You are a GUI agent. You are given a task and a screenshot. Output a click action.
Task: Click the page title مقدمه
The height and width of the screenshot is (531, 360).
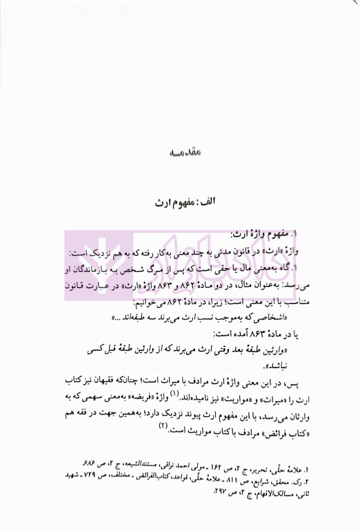click(185, 152)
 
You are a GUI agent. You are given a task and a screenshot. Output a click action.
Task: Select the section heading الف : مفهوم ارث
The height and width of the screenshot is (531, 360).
click(185, 202)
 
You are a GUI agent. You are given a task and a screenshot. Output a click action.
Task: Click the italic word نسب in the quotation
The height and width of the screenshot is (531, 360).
click(203, 318)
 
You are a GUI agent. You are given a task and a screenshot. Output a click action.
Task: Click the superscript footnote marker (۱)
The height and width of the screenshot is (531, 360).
click(175, 394)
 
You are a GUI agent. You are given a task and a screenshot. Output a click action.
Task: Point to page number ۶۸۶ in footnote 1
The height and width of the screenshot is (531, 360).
click(89, 463)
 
